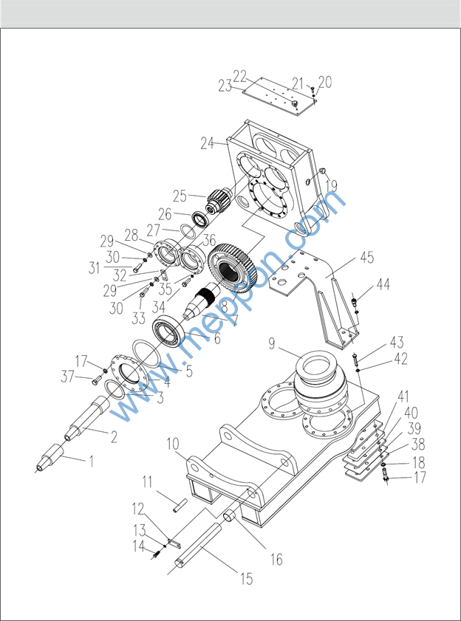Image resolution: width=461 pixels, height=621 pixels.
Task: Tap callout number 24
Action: tap(206, 143)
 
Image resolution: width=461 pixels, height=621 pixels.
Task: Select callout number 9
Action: tap(272, 343)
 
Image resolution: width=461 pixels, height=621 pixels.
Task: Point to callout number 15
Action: tap(247, 578)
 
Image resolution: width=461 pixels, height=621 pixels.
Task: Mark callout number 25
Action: tap(180, 196)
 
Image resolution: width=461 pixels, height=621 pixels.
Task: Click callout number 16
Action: tap(276, 559)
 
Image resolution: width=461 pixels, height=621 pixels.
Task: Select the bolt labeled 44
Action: tap(356, 301)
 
